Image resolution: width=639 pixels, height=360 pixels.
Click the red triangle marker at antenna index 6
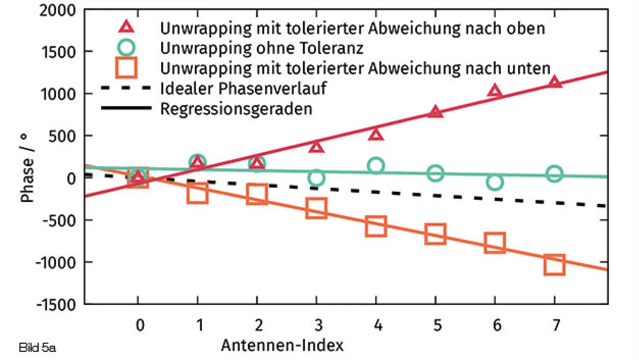pyautogui.click(x=495, y=91)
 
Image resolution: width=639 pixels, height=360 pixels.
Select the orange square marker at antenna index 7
pyautogui.click(x=554, y=265)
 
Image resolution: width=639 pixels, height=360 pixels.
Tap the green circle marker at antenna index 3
pyautogui.click(x=316, y=178)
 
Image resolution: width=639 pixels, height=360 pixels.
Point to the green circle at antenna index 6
pyautogui.click(x=495, y=182)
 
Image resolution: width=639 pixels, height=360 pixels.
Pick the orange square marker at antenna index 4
pyautogui.click(x=375, y=226)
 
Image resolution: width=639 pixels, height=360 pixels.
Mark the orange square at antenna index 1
pyautogui.click(x=198, y=193)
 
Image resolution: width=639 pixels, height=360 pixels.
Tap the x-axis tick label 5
pyautogui.click(x=437, y=326)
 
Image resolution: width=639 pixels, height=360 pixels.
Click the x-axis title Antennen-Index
pyautogui.click(x=283, y=345)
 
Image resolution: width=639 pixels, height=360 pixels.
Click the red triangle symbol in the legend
pyautogui.click(x=127, y=28)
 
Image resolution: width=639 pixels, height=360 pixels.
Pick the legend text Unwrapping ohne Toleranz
pyautogui.click(x=262, y=48)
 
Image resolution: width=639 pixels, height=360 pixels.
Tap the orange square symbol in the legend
pyautogui.click(x=127, y=68)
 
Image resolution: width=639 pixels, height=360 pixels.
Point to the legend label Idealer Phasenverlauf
pyautogui.click(x=244, y=88)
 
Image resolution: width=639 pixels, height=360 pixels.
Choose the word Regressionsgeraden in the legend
pyautogui.click(x=236, y=108)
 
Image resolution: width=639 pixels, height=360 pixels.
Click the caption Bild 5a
pyautogui.click(x=37, y=347)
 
